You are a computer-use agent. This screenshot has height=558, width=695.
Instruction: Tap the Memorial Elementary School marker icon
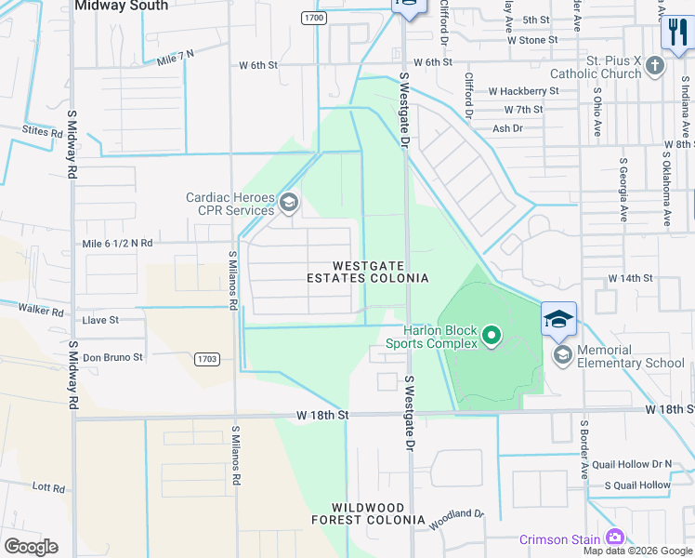click(x=562, y=354)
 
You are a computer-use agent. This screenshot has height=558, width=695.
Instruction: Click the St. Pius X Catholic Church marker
click(x=656, y=65)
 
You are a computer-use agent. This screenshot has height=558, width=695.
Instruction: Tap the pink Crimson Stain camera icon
click(x=614, y=538)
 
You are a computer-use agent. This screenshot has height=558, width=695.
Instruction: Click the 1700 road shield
click(x=314, y=18)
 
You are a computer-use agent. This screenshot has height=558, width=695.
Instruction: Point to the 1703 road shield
click(x=207, y=358)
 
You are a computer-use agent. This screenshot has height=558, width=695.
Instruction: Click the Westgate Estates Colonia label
click(x=369, y=272)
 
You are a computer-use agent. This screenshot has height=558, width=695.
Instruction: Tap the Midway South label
click(x=121, y=6)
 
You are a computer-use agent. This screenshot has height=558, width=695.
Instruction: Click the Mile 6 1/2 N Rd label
click(x=117, y=243)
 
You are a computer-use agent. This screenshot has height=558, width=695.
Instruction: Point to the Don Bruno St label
click(x=112, y=356)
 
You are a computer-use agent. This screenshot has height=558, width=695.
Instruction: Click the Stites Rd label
click(x=42, y=131)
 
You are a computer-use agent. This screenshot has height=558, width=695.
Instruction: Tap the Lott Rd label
click(x=46, y=485)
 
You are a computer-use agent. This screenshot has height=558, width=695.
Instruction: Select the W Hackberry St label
click(x=523, y=91)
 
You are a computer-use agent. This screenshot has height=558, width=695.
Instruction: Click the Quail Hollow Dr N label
click(x=636, y=464)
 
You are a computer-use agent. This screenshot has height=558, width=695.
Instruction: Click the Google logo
click(x=31, y=546)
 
